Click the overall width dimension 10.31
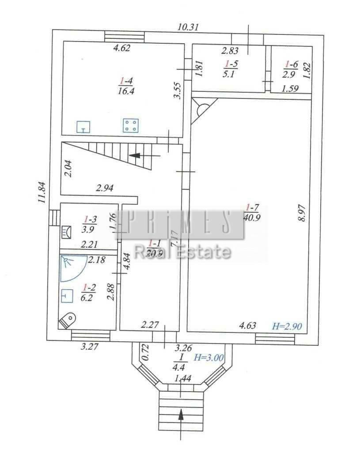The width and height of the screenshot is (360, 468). point(188,27)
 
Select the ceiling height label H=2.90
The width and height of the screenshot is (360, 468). point(287,326)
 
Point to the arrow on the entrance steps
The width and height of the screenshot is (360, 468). point(181,415)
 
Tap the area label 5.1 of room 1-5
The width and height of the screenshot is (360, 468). point(230,74)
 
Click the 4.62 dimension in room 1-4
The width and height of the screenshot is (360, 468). point(122,49)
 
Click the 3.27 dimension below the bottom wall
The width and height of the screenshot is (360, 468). point(89,346)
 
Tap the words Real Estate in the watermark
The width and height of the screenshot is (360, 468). point(182,252)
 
